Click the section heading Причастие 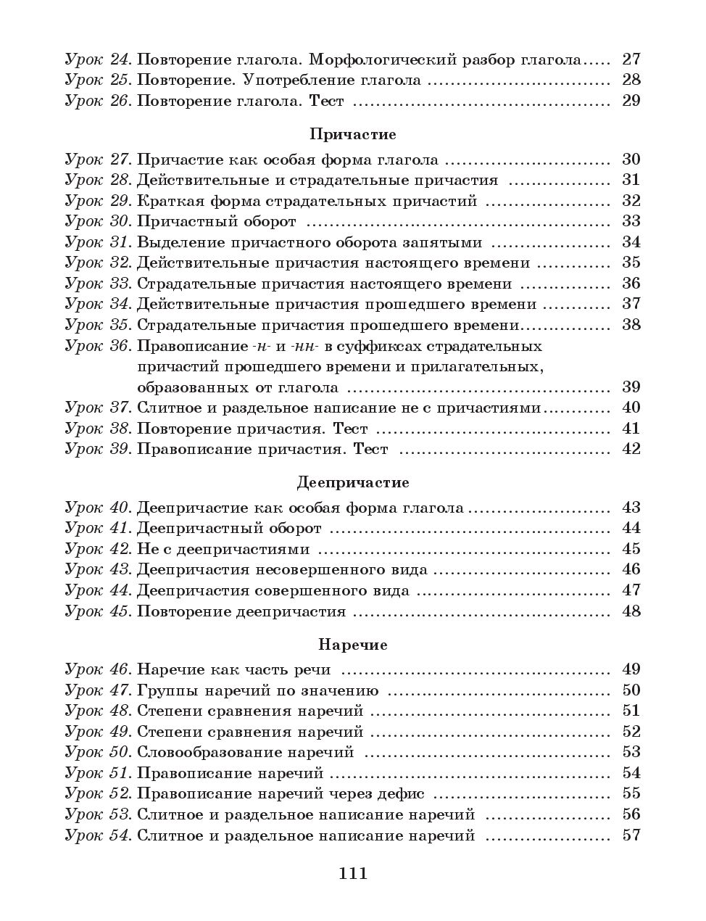352,134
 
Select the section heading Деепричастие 352,482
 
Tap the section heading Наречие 352,645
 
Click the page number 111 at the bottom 353,873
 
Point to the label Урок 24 98,59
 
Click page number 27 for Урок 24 631,59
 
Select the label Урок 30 98,221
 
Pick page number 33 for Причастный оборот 631,221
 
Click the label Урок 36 98,346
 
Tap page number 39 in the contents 631,387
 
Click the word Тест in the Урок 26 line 326,101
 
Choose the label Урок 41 98,529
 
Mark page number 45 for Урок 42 631,549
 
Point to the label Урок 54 98,835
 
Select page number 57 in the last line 631,835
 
